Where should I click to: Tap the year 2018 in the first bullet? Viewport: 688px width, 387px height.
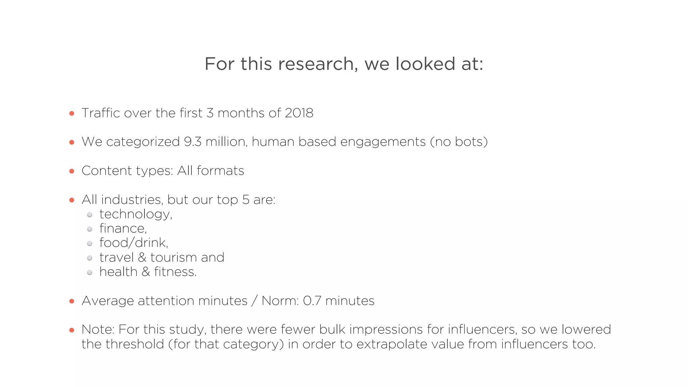(x=299, y=113)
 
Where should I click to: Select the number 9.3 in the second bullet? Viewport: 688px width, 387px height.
(x=192, y=142)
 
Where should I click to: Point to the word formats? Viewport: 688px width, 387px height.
(x=220, y=171)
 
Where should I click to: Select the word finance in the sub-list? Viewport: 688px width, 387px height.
(x=122, y=228)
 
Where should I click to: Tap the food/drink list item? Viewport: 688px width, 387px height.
(x=133, y=243)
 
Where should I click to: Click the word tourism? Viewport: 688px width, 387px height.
(x=173, y=257)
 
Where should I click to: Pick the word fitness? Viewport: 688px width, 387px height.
(x=175, y=272)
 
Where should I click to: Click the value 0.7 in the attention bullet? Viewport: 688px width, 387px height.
(x=312, y=301)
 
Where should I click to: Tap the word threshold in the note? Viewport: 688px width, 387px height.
(x=134, y=344)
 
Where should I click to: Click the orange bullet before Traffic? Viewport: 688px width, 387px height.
(x=72, y=114)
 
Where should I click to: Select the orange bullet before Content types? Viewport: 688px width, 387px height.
(x=72, y=171)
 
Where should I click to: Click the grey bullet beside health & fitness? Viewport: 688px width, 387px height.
(x=90, y=272)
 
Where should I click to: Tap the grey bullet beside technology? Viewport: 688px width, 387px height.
(x=90, y=215)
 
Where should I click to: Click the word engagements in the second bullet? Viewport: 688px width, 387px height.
(x=383, y=142)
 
